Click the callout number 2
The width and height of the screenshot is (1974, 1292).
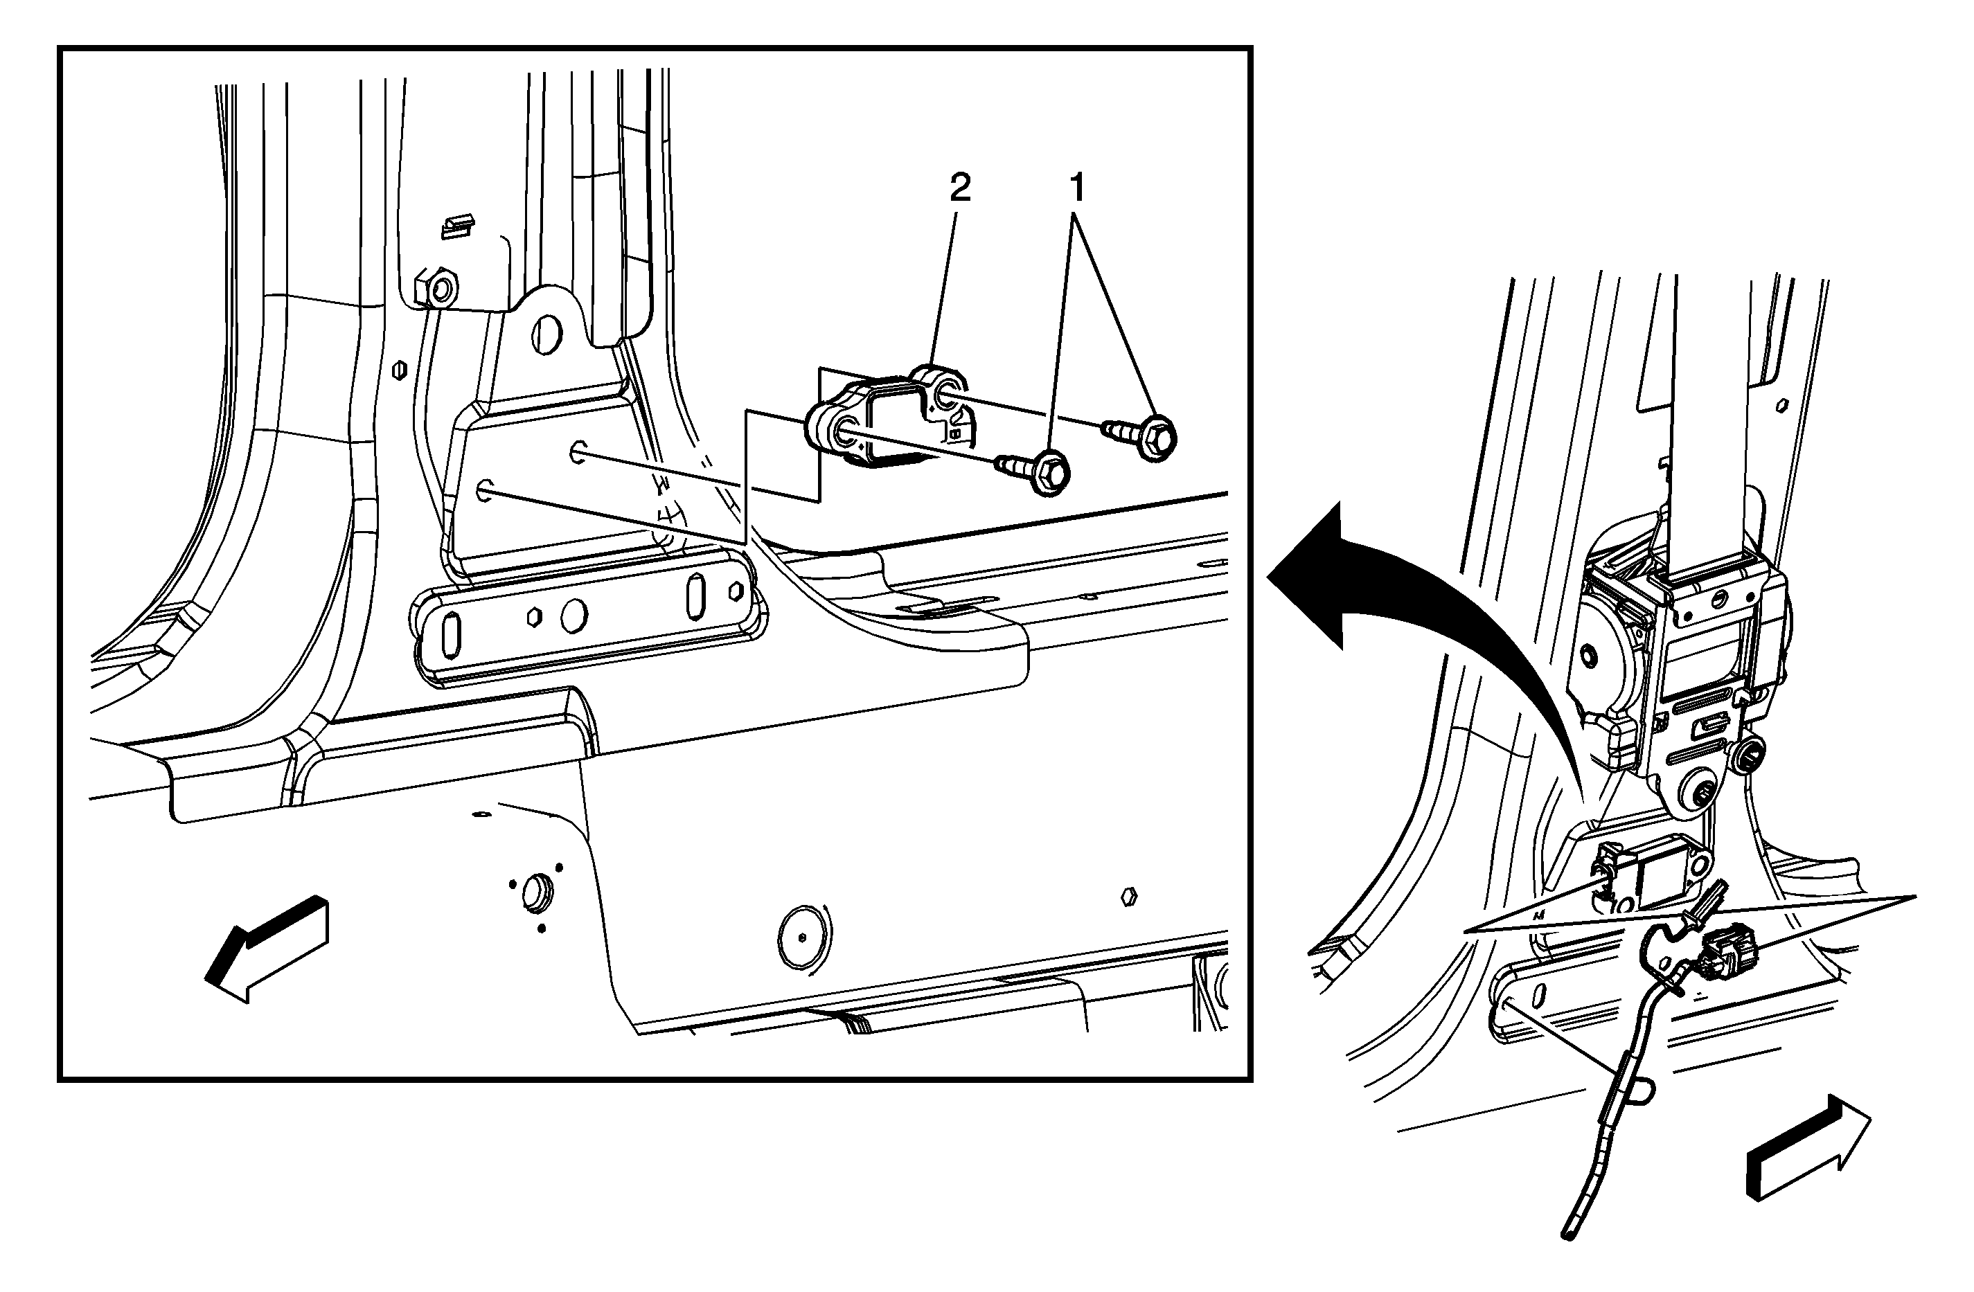tap(959, 188)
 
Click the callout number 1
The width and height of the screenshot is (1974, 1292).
tap(1078, 188)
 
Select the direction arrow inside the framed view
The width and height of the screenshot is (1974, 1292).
tap(265, 949)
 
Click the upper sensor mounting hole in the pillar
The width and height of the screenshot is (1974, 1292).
tap(577, 453)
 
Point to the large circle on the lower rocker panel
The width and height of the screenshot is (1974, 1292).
tap(803, 937)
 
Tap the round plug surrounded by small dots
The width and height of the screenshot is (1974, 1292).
tap(537, 892)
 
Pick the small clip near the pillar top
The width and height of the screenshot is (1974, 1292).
tap(458, 225)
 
